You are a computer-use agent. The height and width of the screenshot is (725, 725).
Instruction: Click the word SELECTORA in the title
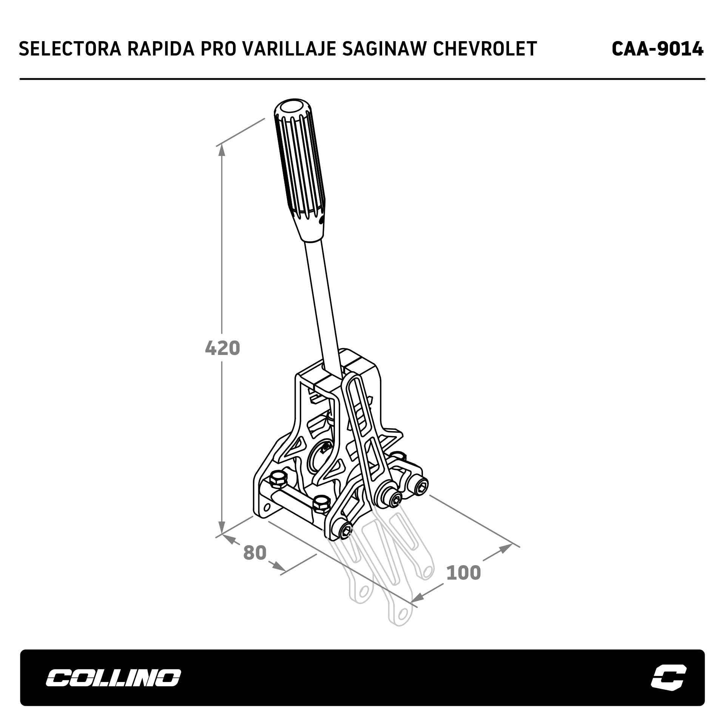pos(70,49)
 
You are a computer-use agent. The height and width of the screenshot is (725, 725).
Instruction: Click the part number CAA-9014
pos(657,49)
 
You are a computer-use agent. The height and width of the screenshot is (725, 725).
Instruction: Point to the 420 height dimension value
pos(222,348)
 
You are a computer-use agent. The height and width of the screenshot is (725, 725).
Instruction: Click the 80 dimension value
pos(255,552)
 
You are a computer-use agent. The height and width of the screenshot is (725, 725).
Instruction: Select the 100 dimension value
pos(463,572)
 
